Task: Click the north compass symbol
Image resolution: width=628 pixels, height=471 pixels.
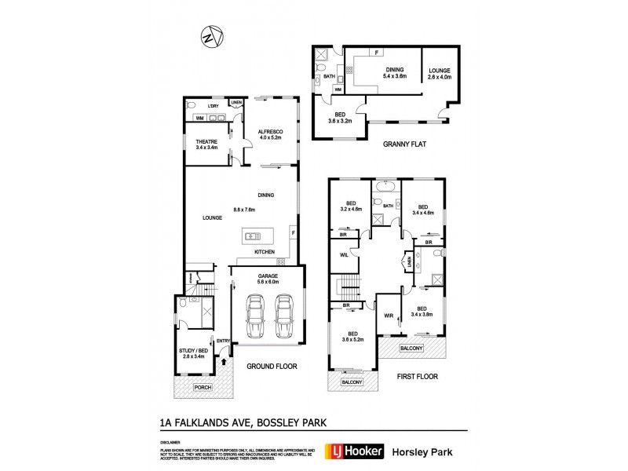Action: pyautogui.click(x=209, y=37)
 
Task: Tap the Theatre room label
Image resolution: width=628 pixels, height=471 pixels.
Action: pyautogui.click(x=206, y=144)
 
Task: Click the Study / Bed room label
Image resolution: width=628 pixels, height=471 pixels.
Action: pyautogui.click(x=193, y=353)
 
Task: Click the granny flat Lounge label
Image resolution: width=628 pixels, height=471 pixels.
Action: pyautogui.click(x=440, y=74)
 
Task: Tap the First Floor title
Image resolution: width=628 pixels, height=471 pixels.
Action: pyautogui.click(x=416, y=376)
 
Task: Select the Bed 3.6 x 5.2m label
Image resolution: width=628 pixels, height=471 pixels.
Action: pyautogui.click(x=352, y=336)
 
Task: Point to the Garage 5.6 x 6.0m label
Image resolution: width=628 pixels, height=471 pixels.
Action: pyautogui.click(x=268, y=279)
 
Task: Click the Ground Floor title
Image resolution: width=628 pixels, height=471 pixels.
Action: pyautogui.click(x=269, y=367)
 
